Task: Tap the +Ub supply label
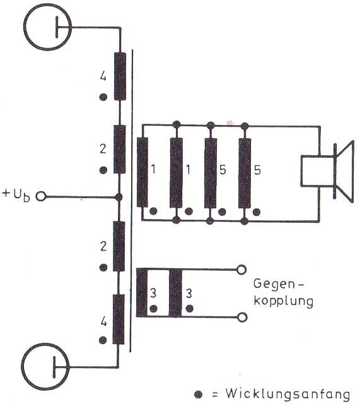tap(16, 195)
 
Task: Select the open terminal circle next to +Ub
tap(41, 196)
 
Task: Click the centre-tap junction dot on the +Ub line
tap(119, 197)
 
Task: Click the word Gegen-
tap(279, 284)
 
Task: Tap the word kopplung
tap(283, 301)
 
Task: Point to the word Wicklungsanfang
tap(287, 393)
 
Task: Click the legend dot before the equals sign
tap(199, 394)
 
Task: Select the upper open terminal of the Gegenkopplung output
tap(241, 270)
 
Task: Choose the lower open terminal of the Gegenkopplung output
tap(241, 318)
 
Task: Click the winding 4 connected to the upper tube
tap(120, 76)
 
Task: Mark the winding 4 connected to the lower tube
tap(119, 319)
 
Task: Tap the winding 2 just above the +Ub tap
tap(120, 149)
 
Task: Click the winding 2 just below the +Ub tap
tap(119, 246)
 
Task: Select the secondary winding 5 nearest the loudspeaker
tap(245, 173)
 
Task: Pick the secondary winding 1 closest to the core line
tap(142, 172)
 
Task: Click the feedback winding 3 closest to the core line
tap(142, 293)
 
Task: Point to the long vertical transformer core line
tap(131, 201)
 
